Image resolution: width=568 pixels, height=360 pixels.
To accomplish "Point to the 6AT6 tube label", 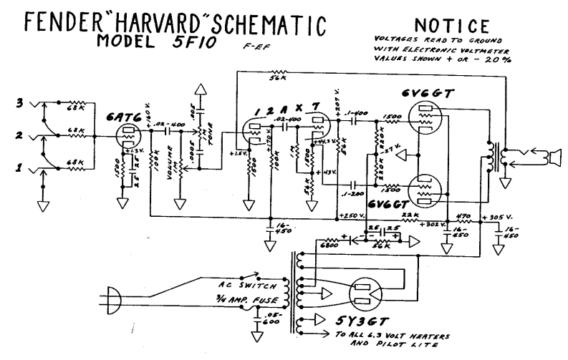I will [x=126, y=104].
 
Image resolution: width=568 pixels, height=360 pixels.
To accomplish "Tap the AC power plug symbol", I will [x=114, y=293].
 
